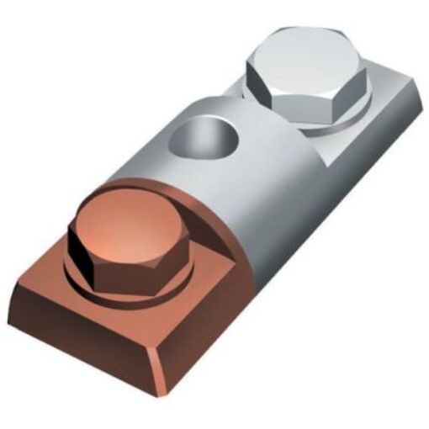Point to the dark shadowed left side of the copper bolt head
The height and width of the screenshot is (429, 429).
[81, 252]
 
